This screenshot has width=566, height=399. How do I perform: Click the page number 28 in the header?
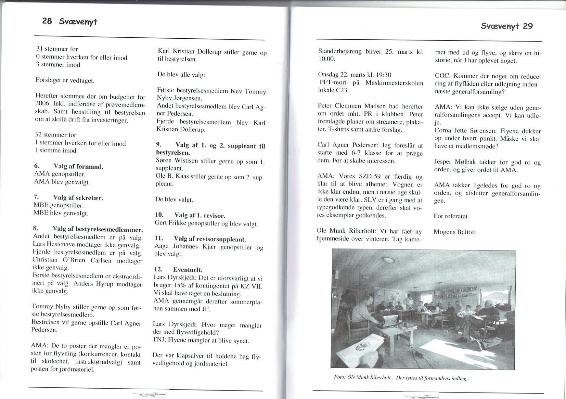47,21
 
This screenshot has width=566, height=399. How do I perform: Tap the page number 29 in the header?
528,26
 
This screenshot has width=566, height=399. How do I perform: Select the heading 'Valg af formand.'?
78,167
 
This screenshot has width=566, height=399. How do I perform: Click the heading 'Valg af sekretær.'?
78,198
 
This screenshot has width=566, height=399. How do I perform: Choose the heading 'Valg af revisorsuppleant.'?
209,239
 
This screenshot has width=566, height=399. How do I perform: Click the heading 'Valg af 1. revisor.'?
199,215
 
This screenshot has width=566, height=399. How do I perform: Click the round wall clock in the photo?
380,292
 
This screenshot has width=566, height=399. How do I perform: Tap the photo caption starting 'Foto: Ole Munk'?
400,378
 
